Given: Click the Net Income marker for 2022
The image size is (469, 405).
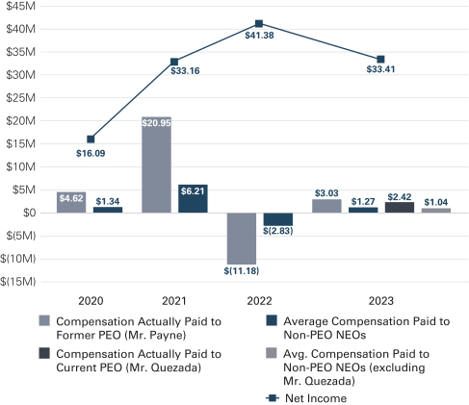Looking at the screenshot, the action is pyautogui.click(x=259, y=24).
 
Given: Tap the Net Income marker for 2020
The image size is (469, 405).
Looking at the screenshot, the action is pyautogui.click(x=91, y=139).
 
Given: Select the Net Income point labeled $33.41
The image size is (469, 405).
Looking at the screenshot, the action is pyautogui.click(x=380, y=60).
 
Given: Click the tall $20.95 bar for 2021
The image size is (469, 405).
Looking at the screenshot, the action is pyautogui.click(x=157, y=165).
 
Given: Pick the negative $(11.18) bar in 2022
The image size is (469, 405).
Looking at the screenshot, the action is pyautogui.click(x=242, y=239).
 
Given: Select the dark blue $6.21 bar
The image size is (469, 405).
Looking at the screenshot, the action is pyautogui.click(x=193, y=199).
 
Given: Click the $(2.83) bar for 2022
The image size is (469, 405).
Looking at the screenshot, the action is pyautogui.click(x=278, y=219).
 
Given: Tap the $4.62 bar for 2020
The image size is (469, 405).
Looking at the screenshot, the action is pyautogui.click(x=71, y=202).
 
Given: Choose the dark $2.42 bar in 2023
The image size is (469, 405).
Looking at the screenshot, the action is pyautogui.click(x=400, y=208).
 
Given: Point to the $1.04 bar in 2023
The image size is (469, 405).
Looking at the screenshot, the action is pyautogui.click(x=436, y=211).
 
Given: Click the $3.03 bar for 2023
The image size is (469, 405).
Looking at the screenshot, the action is pyautogui.click(x=326, y=206).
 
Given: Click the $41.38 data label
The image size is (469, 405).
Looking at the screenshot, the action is pyautogui.click(x=259, y=36).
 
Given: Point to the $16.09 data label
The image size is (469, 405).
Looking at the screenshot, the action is pyautogui.click(x=91, y=153).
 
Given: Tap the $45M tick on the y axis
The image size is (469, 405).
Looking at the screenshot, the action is pyautogui.click(x=20, y=6).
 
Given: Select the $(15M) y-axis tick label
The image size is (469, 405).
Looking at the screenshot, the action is pyautogui.click(x=18, y=282).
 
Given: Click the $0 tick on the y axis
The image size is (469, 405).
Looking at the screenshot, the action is pyautogui.click(x=29, y=213).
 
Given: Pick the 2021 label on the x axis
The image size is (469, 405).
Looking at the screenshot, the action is pyautogui.click(x=174, y=301).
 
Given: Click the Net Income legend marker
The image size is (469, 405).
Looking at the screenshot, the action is pyautogui.click(x=273, y=398).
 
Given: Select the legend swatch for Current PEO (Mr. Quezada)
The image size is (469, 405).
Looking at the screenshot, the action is pyautogui.click(x=44, y=353).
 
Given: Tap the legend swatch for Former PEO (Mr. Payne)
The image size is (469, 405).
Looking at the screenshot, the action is pyautogui.click(x=44, y=320).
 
